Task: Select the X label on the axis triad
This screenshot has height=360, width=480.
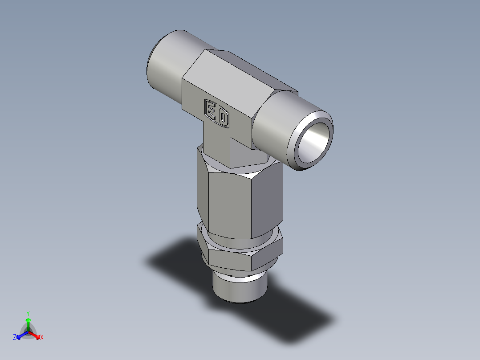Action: [x=42, y=337]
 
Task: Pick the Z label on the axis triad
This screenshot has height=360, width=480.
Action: [x=15, y=337]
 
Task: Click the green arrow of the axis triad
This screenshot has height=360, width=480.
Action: [x=28, y=323]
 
